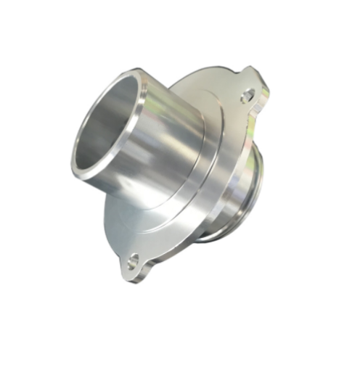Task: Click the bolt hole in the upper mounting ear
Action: pos(248,94)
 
